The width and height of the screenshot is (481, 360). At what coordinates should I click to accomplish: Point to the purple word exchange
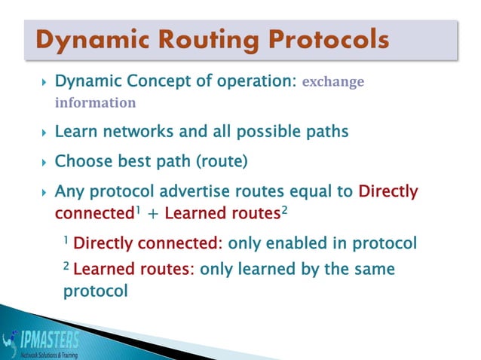pos(332,82)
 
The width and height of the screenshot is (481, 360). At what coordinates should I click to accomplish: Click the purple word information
pos(95,102)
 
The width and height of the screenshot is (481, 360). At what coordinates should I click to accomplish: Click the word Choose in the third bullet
pos(82,161)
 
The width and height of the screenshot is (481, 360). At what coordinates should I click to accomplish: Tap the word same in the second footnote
pos(374,269)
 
